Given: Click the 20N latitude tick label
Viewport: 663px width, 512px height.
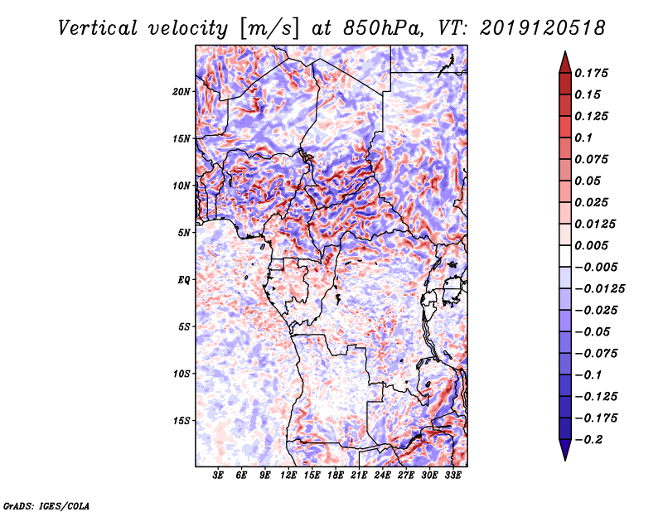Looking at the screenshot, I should click(x=181, y=91).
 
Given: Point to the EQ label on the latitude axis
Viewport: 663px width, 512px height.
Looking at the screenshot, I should click(x=183, y=280).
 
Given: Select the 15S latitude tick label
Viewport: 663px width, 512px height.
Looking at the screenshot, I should click(x=181, y=421).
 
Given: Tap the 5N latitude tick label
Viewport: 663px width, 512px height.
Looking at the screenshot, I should click(x=183, y=233).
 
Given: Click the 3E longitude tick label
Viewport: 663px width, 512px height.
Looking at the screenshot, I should click(x=219, y=476).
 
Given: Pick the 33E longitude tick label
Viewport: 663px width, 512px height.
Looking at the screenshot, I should click(x=452, y=476).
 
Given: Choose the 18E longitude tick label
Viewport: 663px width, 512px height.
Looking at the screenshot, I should click(x=336, y=476).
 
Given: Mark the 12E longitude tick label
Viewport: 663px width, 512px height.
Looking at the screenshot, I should click(x=288, y=476).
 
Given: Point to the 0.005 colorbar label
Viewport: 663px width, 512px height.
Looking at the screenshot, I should click(x=593, y=245).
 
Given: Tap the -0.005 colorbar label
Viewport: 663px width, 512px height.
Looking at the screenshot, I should click(x=597, y=267).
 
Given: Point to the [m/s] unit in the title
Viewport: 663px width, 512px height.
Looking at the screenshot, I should click(x=268, y=28).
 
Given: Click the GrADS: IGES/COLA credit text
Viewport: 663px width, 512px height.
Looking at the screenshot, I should click(x=46, y=505).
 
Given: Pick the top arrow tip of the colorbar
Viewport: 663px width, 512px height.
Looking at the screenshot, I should click(x=564, y=54).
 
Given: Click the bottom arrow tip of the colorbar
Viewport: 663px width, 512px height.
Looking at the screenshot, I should click(x=564, y=458).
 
